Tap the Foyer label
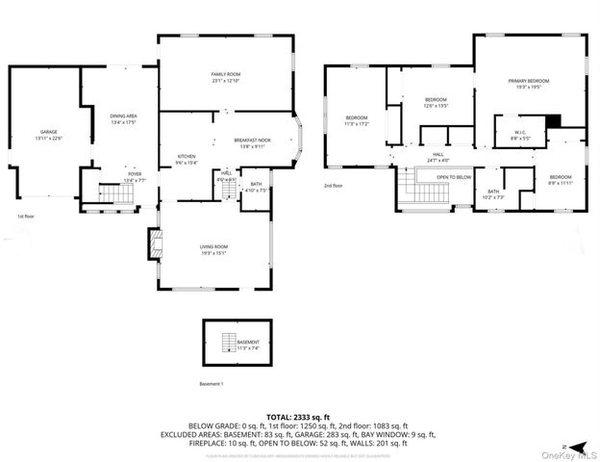tap(134, 177)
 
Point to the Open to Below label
tap(453, 177)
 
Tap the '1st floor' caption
tap(26, 218)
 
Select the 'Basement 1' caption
tap(211, 383)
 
